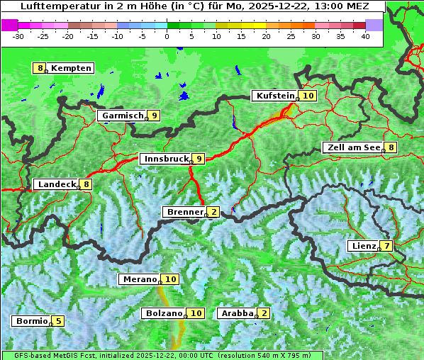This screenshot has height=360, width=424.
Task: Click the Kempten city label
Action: point(72,68)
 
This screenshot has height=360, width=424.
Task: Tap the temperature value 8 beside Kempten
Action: point(40,68)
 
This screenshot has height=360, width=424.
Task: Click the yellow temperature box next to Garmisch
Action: point(154,116)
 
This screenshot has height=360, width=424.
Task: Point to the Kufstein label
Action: point(274,96)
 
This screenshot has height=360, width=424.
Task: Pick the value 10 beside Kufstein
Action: point(308,96)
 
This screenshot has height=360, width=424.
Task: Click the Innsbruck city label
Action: point(165,159)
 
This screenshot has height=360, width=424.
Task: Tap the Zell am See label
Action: point(352,147)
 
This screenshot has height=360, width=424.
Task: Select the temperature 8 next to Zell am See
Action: point(391,147)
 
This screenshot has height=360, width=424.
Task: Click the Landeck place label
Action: point(57,184)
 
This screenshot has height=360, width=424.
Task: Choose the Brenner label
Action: point(184,211)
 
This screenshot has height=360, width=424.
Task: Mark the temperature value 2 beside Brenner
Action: point(213,211)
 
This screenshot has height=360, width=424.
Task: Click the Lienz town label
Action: point(363,246)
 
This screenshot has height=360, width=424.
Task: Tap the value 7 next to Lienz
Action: point(386,246)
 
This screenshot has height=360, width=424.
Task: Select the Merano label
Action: point(139,279)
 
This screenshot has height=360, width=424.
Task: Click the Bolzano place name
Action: point(164,313)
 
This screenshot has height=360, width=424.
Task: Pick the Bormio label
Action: point(32,320)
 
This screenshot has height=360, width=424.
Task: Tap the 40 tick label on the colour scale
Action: point(365,35)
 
